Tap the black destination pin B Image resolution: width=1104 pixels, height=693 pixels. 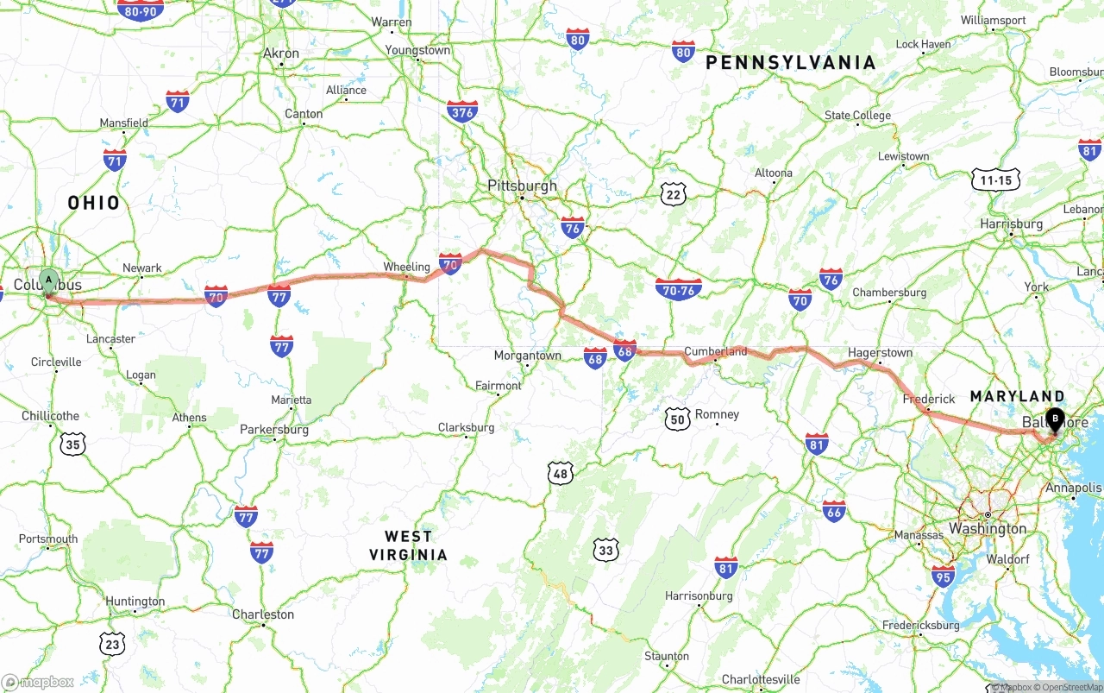(x=1054, y=419)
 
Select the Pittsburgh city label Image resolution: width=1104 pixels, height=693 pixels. (x=522, y=186)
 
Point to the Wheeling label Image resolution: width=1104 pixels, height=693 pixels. (x=406, y=267)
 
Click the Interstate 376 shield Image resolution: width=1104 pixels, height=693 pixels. (x=462, y=111)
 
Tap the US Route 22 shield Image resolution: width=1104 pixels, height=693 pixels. (x=674, y=194)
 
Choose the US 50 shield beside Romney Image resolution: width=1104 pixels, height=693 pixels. (x=678, y=419)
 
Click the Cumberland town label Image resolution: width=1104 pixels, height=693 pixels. (x=716, y=351)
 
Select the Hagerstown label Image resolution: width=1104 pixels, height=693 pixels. (x=880, y=352)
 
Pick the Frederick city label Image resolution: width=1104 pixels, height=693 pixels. (x=929, y=399)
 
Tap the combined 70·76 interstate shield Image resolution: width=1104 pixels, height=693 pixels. (x=679, y=289)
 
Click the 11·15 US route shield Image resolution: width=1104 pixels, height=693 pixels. (x=995, y=180)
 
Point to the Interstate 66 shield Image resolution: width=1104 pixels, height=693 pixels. (x=834, y=511)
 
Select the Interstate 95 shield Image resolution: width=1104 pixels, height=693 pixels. (x=943, y=576)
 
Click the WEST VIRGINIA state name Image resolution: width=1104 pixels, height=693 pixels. (x=408, y=545)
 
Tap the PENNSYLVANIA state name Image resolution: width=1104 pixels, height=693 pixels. (x=790, y=62)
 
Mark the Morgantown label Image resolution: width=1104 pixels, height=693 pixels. (x=527, y=356)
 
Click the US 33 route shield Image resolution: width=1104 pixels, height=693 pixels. (x=606, y=550)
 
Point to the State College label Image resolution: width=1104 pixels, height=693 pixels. (x=857, y=116)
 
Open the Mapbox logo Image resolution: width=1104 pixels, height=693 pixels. (x=38, y=682)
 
